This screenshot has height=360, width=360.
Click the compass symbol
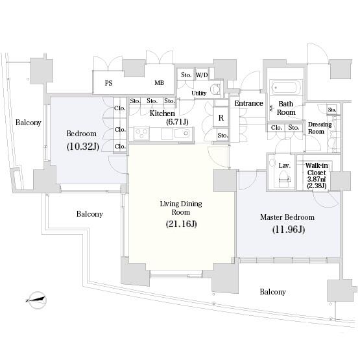pos(37,300)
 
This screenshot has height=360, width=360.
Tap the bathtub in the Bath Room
pos(286,88)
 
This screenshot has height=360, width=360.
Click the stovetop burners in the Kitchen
pos(141,133)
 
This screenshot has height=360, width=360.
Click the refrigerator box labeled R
pos(221,117)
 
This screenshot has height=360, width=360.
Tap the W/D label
pos(202,75)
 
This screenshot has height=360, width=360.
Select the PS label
pos(108,83)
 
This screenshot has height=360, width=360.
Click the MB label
pos(159,82)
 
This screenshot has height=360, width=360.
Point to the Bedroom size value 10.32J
pos(83,147)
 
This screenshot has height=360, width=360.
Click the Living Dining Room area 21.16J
pos(182,224)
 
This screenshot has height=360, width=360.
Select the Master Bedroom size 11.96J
pos(289,230)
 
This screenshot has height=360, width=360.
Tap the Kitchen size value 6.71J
pos(177,122)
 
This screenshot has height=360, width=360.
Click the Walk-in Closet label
pos(317,169)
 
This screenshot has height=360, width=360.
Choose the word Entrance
pos(248,103)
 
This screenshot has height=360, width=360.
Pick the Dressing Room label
pos(320,128)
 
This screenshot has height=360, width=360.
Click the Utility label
pos(199,93)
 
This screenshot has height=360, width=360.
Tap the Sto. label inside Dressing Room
pos(332,110)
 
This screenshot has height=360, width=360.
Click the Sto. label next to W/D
pos(186,75)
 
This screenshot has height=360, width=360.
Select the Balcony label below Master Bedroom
pos(272,292)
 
